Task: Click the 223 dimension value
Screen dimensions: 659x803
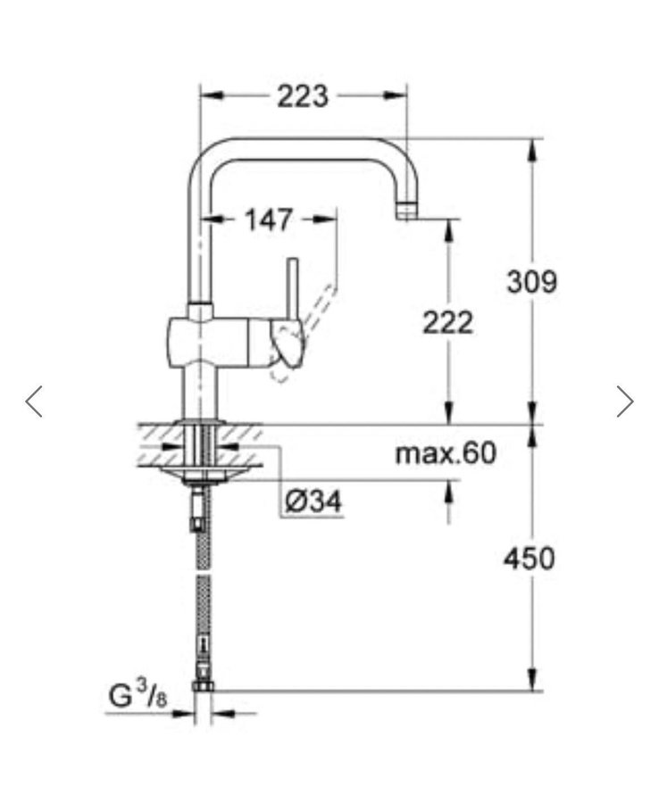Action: [x=303, y=96]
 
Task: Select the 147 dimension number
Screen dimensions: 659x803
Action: [x=269, y=220]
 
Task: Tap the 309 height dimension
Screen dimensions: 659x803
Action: [x=531, y=282]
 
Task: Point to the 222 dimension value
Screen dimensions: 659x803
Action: [x=447, y=323]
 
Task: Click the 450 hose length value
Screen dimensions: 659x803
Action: [x=529, y=559]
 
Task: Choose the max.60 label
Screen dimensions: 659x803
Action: [x=446, y=453]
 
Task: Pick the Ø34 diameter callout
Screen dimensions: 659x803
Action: [x=313, y=501]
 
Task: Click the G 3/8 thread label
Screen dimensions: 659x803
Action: [x=138, y=694]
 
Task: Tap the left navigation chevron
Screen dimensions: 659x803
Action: [x=34, y=401]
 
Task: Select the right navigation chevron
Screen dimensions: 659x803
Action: [x=625, y=401]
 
